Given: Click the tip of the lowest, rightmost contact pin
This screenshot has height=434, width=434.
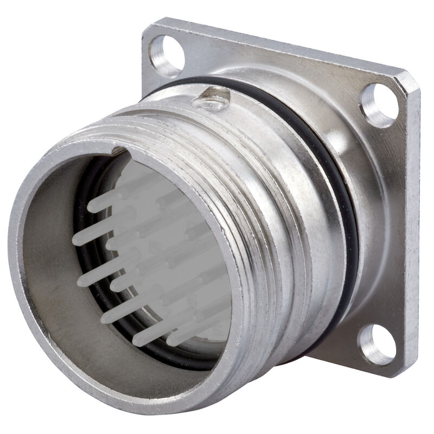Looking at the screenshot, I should [173, 340].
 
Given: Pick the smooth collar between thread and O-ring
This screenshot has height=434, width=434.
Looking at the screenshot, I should [304, 217].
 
